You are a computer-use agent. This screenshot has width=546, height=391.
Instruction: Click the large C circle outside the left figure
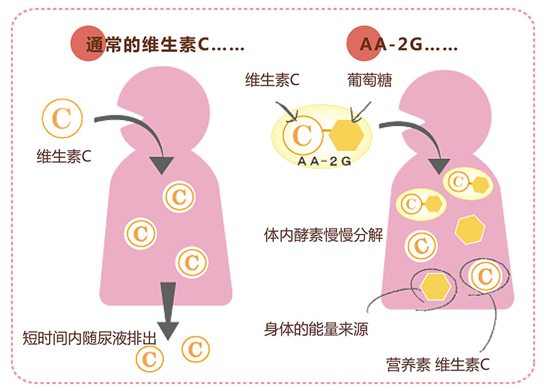point(61,118)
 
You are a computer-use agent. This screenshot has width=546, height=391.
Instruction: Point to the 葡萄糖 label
point(364,80)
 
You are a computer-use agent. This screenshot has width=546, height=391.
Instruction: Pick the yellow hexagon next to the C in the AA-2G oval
point(345,134)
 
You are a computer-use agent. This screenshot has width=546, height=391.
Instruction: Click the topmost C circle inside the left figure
point(179,197)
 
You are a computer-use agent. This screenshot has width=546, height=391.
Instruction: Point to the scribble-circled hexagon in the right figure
point(435,285)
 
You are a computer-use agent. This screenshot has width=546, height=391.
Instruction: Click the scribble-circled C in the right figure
point(485,276)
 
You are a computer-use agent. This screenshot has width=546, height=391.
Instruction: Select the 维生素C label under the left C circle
point(63,156)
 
